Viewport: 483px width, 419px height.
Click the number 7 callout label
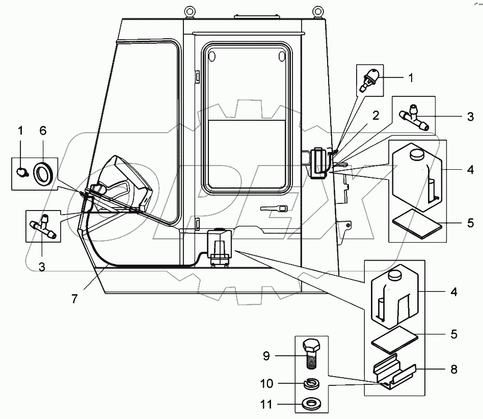(x=74, y=299)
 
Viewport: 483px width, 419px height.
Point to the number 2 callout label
(x=375, y=115)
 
